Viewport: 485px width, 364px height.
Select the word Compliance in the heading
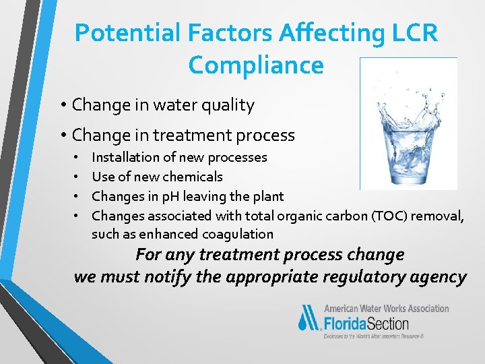[x=256, y=65]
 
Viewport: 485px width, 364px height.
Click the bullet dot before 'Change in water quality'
[x=62, y=105]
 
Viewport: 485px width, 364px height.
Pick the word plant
[x=267, y=196]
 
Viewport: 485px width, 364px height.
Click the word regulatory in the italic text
[x=364, y=277]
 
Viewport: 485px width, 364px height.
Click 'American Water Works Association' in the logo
[x=387, y=308]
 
